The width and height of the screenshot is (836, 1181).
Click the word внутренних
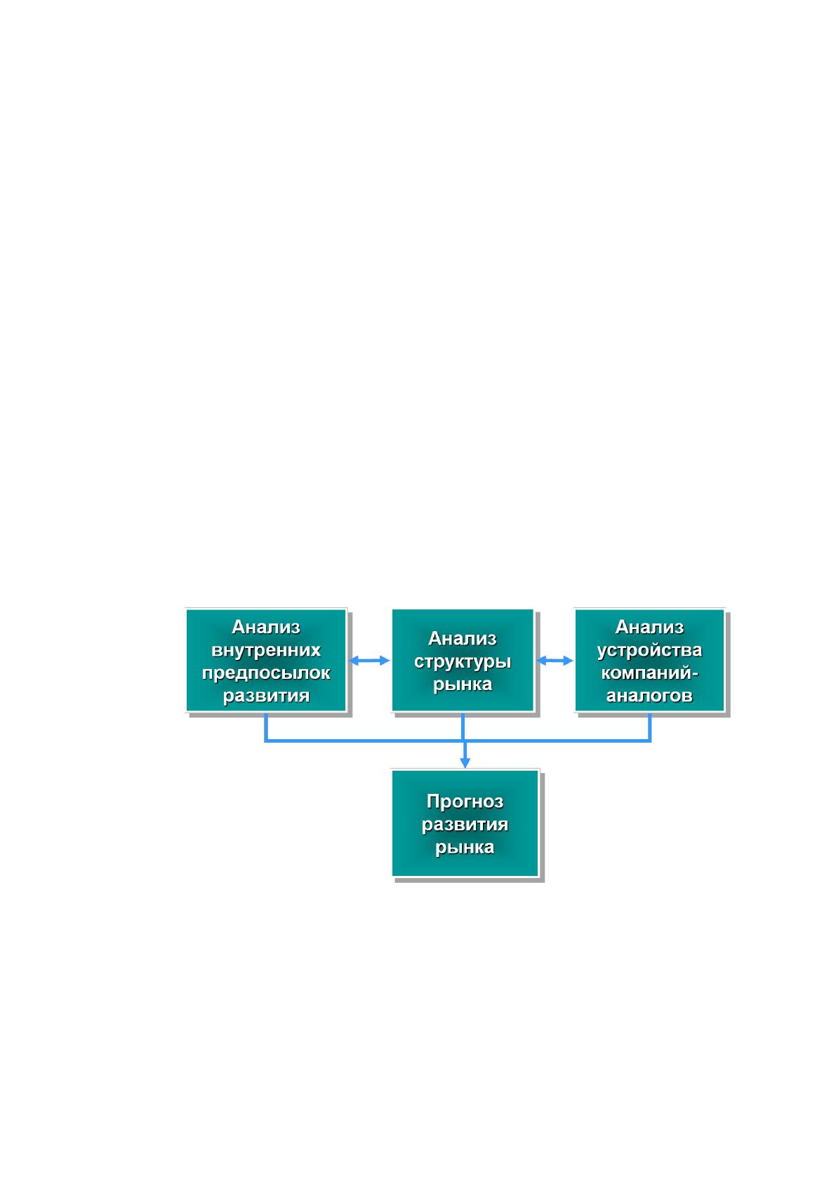(265, 649)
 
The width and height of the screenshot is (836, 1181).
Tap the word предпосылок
(266, 673)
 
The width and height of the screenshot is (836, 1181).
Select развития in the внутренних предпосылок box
(266, 696)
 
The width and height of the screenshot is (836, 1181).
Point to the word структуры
(463, 661)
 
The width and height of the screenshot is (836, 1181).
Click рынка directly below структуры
(463, 684)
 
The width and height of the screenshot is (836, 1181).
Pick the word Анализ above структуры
(463, 638)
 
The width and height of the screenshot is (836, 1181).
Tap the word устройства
(649, 650)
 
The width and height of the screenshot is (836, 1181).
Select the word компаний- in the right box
(649, 673)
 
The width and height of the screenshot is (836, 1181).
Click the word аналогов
(649, 696)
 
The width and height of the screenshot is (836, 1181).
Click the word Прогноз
(465, 802)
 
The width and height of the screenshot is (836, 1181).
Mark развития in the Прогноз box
(465, 825)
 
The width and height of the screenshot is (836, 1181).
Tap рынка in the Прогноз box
(465, 847)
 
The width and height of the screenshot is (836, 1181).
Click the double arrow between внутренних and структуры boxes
(369, 661)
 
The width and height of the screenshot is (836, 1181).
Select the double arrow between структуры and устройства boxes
(555, 661)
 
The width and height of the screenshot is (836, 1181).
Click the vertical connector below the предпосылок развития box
(266, 727)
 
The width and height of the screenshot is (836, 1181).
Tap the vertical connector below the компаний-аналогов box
(650, 727)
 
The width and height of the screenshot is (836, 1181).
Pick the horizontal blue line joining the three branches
(458, 741)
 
